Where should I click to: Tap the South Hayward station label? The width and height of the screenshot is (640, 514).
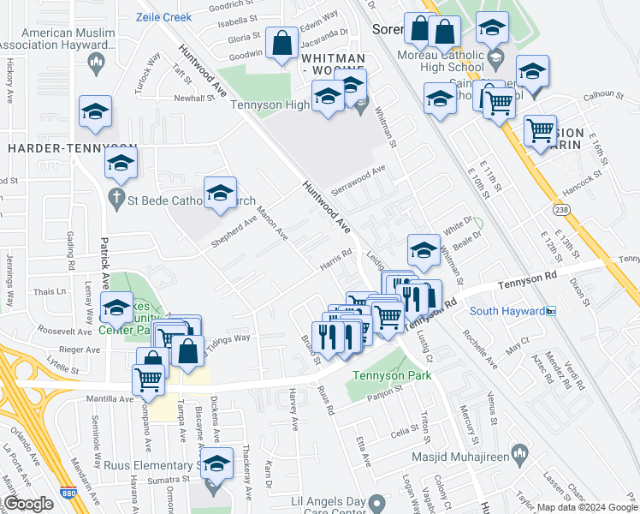point(507,310)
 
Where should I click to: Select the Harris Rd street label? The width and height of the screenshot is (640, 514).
point(336,257)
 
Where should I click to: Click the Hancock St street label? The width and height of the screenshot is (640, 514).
point(585,182)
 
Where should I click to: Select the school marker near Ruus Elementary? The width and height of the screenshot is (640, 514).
point(216,464)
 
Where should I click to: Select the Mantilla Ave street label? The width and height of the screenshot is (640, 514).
point(109,399)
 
